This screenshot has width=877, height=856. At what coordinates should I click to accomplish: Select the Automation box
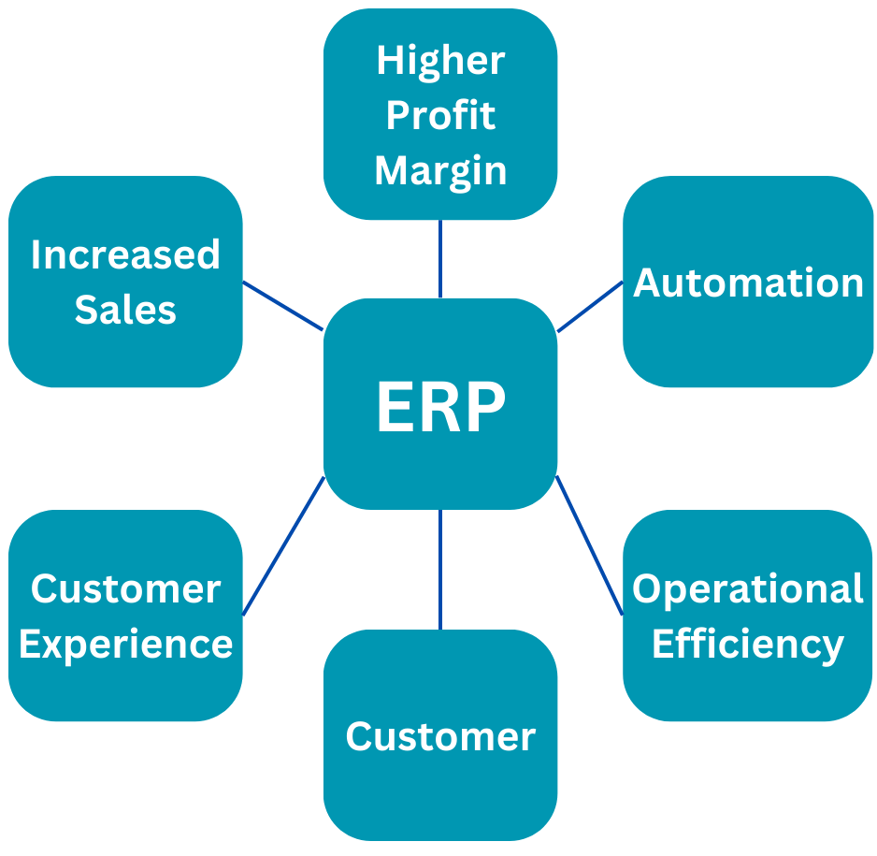[x=748, y=283]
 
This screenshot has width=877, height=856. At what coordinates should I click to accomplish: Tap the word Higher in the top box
[x=440, y=61]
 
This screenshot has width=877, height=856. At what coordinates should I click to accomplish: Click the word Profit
[x=440, y=116]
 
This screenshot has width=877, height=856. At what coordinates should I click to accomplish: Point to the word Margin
[x=440, y=171]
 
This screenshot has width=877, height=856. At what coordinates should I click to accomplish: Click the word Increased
[x=125, y=254]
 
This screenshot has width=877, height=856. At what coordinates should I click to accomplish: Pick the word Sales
[x=125, y=310]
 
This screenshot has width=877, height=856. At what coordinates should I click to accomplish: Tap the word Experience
[x=125, y=644]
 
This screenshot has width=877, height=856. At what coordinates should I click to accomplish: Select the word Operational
[x=748, y=588]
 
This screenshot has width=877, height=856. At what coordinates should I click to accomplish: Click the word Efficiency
[x=748, y=644]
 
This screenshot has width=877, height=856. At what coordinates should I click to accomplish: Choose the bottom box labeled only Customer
[x=440, y=736]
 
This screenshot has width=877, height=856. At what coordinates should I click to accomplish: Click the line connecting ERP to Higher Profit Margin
[x=440, y=258]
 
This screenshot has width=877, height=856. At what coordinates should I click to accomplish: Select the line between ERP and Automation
[x=590, y=306]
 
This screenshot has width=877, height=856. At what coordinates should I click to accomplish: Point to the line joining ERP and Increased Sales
[x=282, y=305]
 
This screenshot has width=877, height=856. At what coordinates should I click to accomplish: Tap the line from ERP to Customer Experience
[x=283, y=545]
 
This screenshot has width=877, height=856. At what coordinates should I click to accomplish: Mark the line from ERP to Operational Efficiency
[x=589, y=545]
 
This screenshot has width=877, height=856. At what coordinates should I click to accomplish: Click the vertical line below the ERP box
[x=440, y=569]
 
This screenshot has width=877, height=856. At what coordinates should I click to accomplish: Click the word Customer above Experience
[x=125, y=588]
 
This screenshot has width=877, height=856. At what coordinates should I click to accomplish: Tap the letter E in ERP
[x=393, y=408]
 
